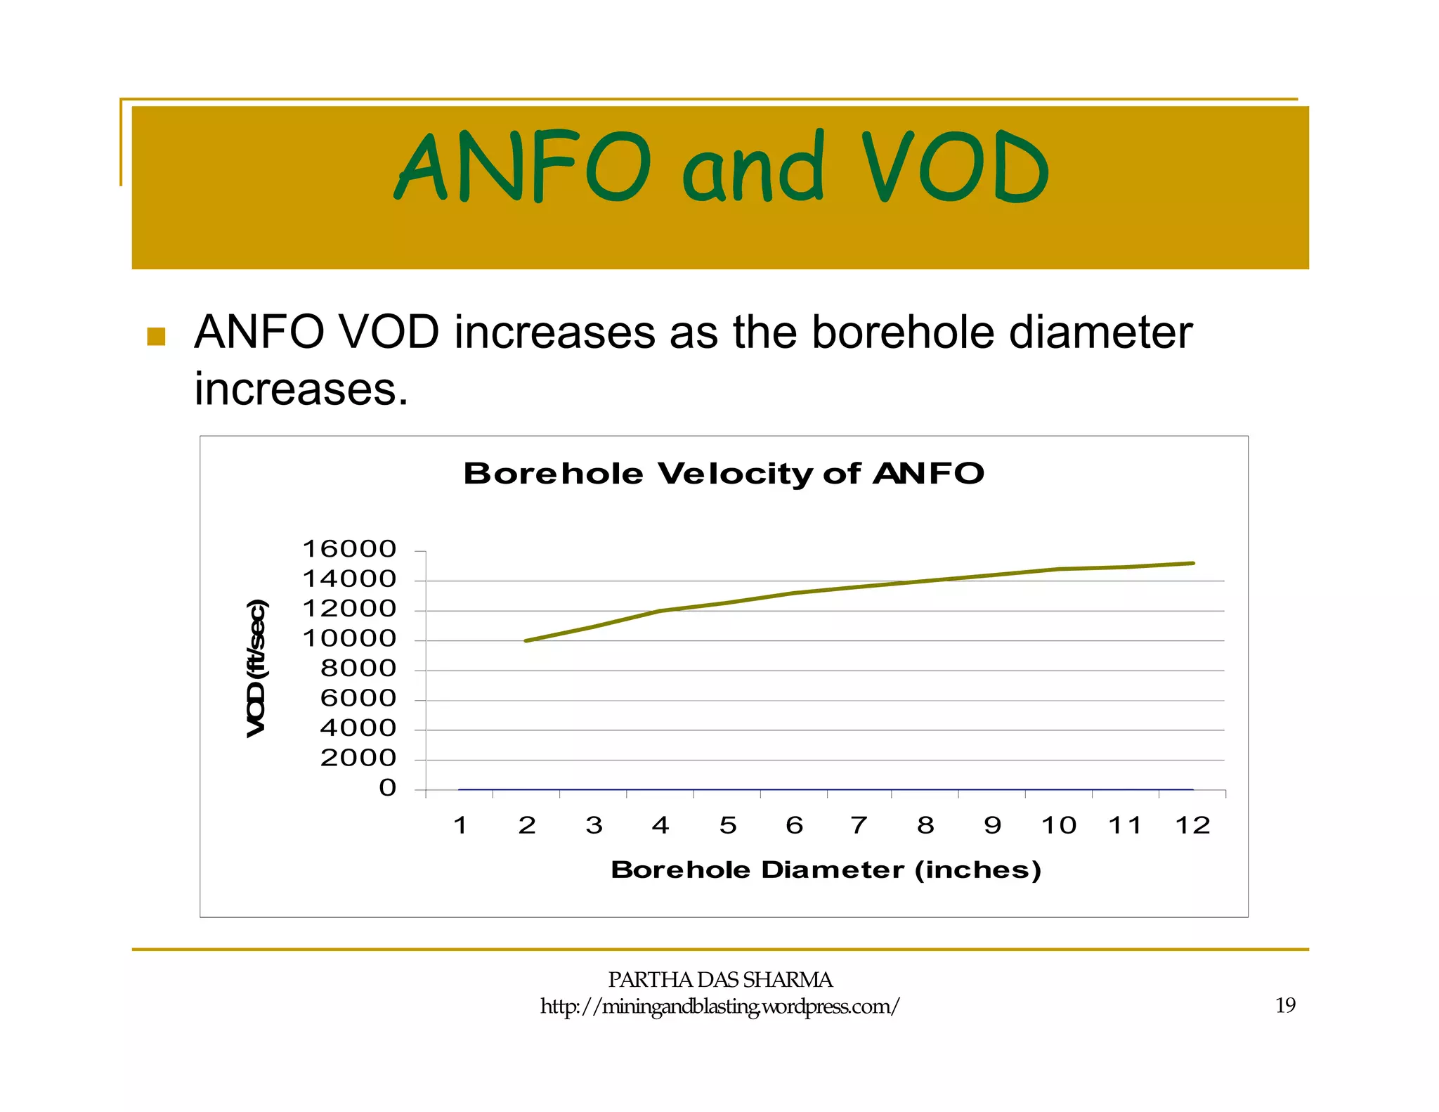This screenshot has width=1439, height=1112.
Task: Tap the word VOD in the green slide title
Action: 954,167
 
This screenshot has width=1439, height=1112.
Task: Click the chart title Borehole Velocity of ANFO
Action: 724,473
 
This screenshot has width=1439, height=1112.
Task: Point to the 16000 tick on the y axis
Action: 349,549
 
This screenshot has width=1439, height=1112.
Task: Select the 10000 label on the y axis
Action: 349,639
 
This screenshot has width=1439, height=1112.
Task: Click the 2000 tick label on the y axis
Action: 358,758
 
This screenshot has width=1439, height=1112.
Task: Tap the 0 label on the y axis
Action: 388,788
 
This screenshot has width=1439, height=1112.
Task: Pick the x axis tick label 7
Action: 859,825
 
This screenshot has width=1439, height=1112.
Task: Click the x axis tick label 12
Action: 1192,825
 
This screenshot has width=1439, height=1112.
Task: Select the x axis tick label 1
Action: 460,825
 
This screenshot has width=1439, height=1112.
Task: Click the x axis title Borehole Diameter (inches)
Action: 826,870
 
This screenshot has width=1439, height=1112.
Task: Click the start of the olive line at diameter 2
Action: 526,640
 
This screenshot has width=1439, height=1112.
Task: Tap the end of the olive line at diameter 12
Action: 1192,563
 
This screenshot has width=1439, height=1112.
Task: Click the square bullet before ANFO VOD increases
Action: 156,337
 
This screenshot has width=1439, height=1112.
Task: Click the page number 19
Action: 1285,1005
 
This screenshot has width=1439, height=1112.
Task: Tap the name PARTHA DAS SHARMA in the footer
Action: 720,979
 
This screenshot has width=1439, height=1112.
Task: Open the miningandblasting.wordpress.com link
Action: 719,1007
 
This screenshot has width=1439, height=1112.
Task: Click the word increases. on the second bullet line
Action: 301,389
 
